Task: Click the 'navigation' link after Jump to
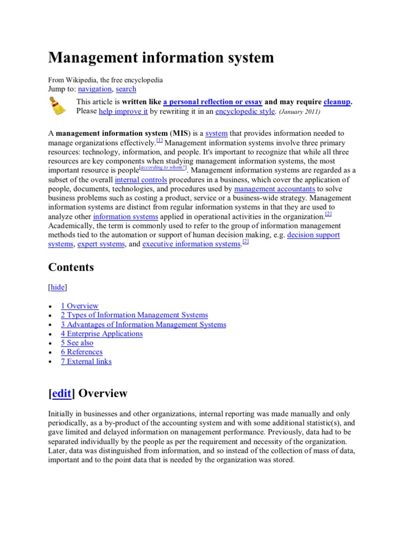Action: (x=95, y=89)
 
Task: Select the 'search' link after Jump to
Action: (x=126, y=89)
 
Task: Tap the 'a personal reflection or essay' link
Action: (x=212, y=102)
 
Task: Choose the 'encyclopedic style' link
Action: (x=245, y=111)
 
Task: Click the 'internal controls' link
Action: (x=141, y=180)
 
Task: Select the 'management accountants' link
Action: (x=275, y=189)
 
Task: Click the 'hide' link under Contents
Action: (x=58, y=287)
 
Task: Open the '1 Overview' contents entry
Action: (x=79, y=306)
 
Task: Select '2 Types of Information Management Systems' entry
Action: (x=134, y=315)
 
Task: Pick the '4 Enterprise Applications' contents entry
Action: (x=102, y=334)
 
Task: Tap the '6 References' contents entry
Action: (x=81, y=352)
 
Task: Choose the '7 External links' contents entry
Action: (x=86, y=361)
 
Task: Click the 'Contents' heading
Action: (x=71, y=267)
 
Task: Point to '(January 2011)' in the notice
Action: (x=299, y=112)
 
